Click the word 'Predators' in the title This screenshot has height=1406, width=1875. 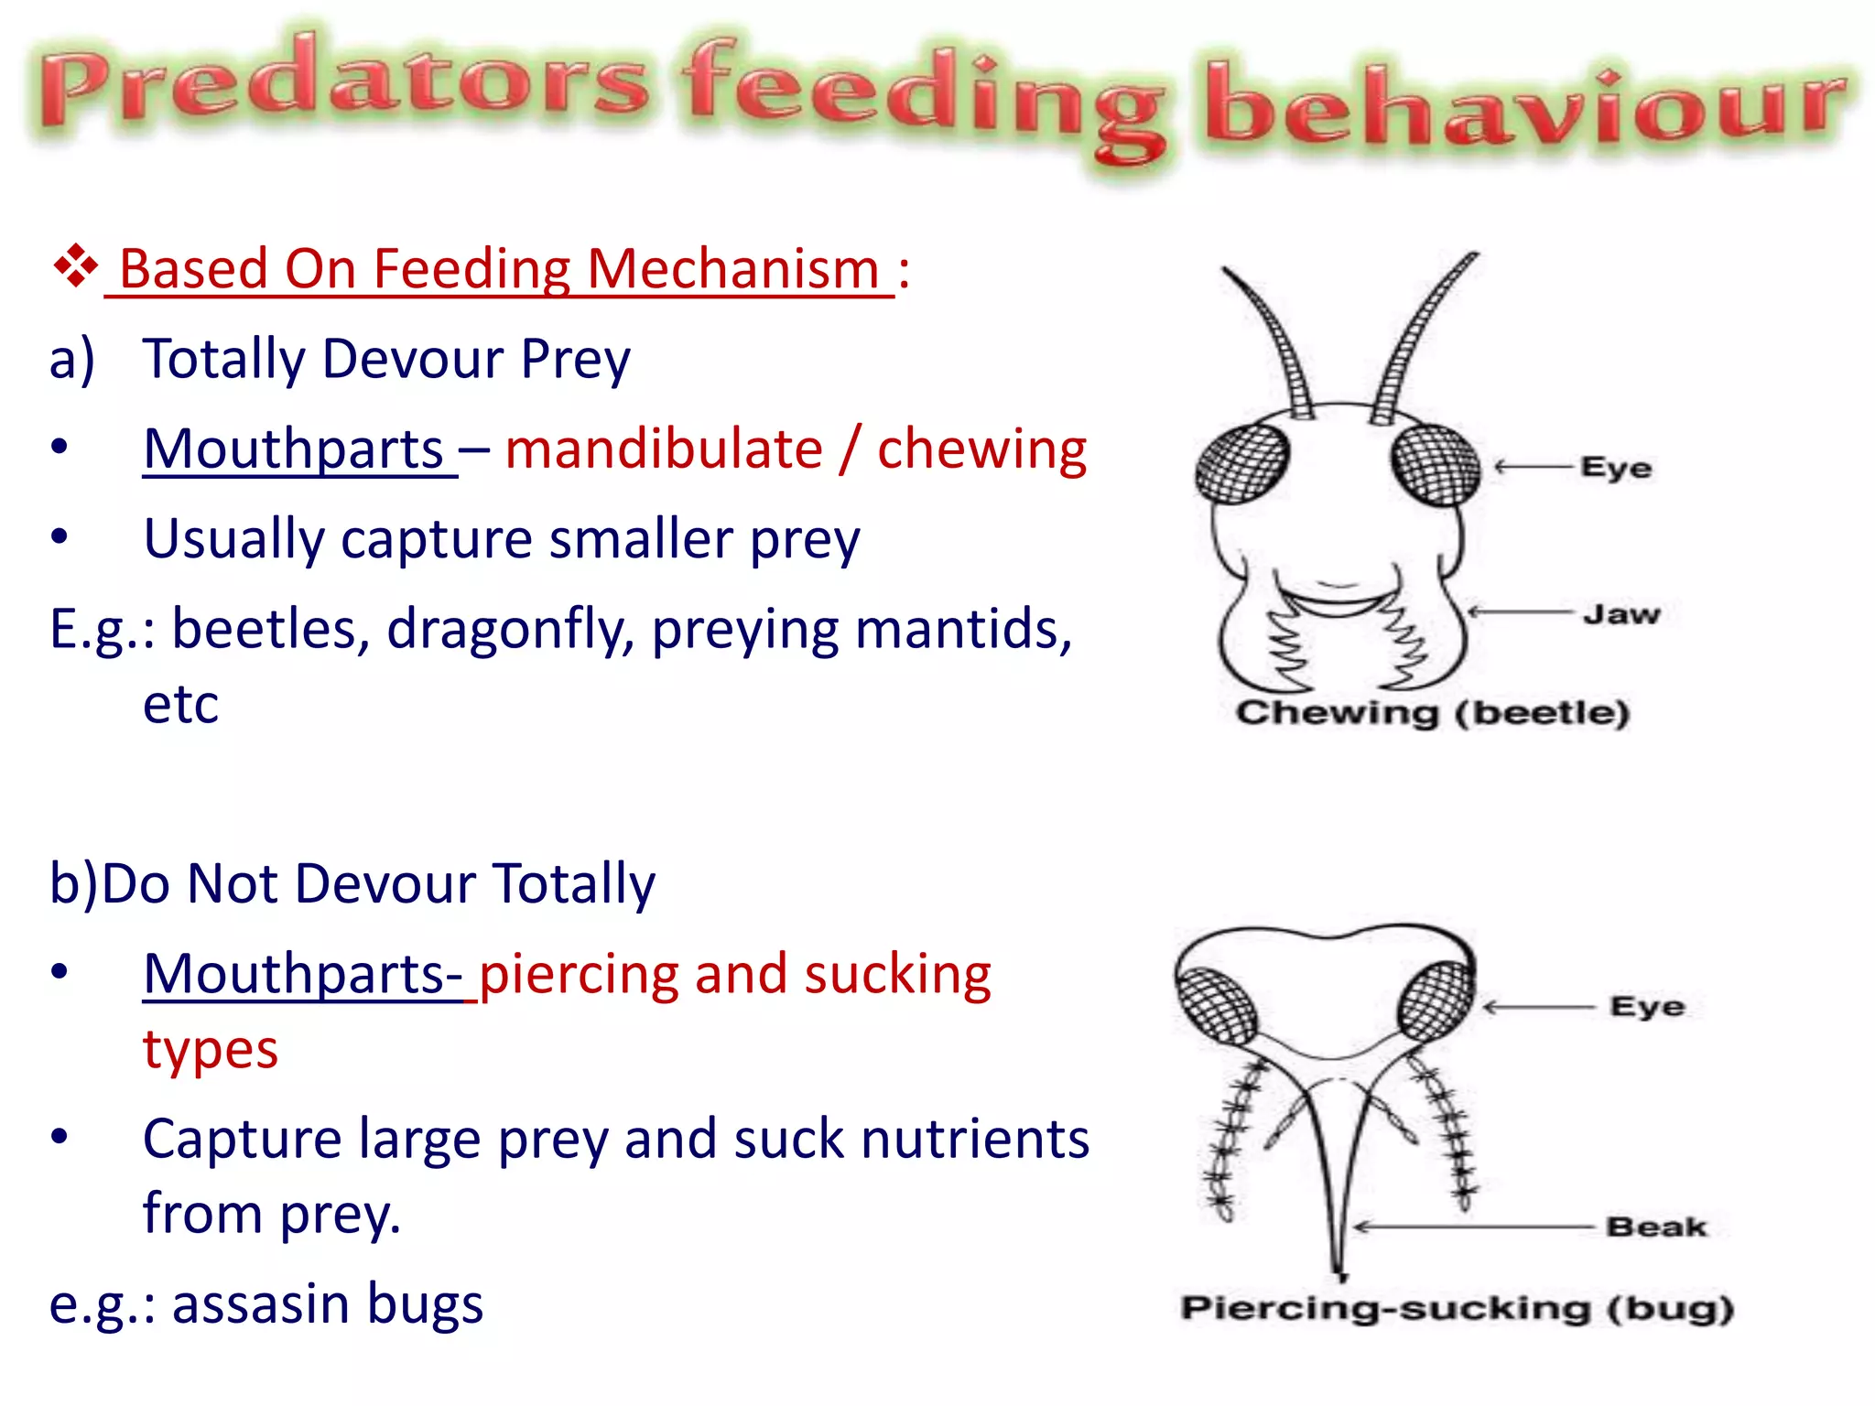[x=343, y=87]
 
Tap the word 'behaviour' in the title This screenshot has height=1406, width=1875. [x=1524, y=105]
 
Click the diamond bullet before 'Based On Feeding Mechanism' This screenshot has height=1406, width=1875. [x=75, y=266]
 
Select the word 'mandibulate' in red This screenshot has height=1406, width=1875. [x=664, y=449]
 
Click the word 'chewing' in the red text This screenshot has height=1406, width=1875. [x=981, y=449]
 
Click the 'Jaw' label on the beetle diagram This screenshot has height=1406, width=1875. [x=1621, y=614]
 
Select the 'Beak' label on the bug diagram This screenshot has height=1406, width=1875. [x=1656, y=1227]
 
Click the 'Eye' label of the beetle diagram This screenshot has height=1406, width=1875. [x=1616, y=468]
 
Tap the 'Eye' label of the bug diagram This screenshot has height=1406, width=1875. [x=1647, y=1007]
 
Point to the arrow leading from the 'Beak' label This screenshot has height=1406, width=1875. [x=1474, y=1227]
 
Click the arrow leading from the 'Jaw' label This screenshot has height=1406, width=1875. [x=1520, y=611]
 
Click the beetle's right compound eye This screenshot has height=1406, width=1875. [x=1435, y=464]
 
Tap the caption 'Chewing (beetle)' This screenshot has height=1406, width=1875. [x=1432, y=712]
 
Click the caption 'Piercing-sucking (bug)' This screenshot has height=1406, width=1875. [x=1457, y=1308]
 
